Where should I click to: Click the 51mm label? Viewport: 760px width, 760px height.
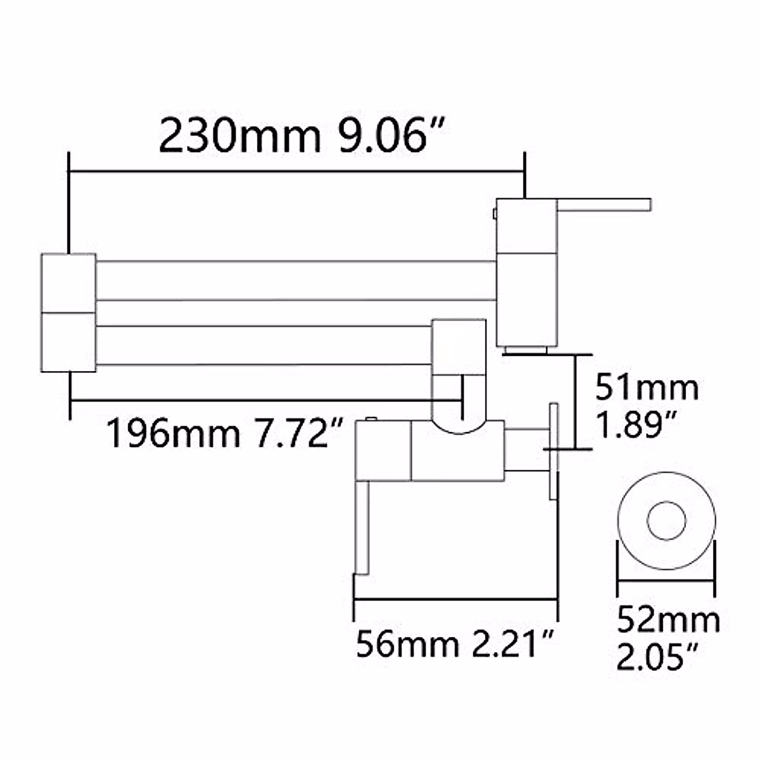pos(647,388)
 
